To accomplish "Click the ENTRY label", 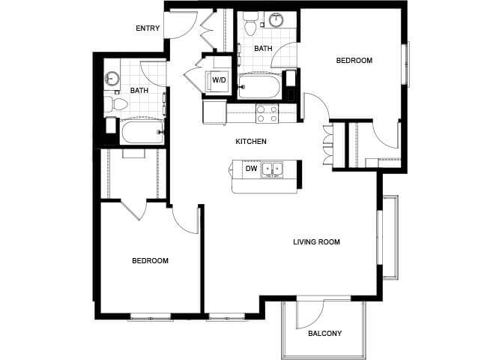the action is point(148,28).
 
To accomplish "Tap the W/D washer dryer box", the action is point(219,80).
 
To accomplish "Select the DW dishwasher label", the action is point(251,168).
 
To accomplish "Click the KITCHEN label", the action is point(251,141).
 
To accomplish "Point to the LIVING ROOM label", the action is point(316,241).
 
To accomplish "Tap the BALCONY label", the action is point(324,334).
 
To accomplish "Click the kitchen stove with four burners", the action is point(267,114).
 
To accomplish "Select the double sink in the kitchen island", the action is point(272,169).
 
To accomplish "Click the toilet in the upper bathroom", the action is point(250,24).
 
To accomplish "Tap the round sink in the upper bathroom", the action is point(276,20).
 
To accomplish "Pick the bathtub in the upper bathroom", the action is point(260,86).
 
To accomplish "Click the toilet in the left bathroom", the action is point(116,103).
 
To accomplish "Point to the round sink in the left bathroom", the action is point(112,79).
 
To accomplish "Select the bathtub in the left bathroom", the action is point(142,132).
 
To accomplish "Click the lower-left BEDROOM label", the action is point(150,260).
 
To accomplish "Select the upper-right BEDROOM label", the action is point(354,60).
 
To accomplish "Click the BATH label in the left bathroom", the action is point(139,91).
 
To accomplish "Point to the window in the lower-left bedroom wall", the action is point(151,317).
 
